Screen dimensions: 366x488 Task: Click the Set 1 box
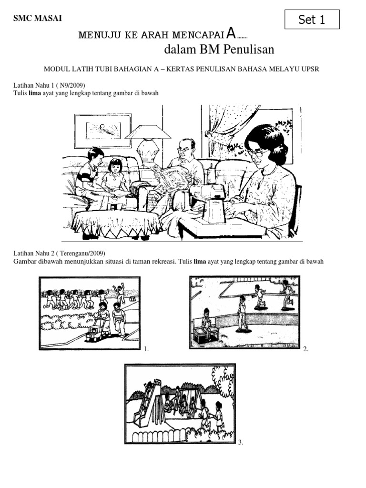(312, 19)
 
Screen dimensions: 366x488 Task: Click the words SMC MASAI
(38, 19)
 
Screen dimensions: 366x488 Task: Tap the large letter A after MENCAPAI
(231, 33)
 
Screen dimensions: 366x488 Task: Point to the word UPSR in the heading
(310, 69)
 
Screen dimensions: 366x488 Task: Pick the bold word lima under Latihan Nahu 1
(34, 93)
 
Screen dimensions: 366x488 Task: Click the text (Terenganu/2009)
(81, 254)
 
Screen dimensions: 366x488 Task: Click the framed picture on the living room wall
(103, 131)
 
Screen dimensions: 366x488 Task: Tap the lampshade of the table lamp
(148, 132)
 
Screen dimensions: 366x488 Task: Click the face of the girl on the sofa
(115, 168)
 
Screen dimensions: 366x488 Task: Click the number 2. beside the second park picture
(306, 349)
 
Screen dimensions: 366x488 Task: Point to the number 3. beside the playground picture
(241, 442)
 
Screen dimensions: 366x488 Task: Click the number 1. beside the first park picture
(146, 349)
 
